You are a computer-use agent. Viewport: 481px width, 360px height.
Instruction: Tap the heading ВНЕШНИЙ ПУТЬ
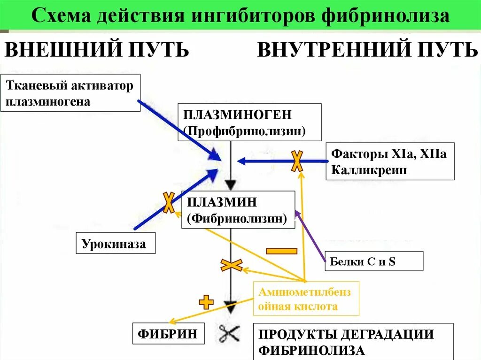(x=97, y=50)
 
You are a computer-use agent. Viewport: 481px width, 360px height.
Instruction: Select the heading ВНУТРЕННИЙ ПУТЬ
(x=367, y=50)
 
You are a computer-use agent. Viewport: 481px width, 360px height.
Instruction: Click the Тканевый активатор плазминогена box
(x=70, y=92)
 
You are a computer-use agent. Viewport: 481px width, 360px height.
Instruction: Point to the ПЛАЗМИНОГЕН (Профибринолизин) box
(x=250, y=122)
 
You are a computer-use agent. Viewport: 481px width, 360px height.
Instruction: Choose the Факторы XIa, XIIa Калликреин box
(x=390, y=161)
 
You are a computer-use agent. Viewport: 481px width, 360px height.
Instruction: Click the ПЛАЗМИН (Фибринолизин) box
(x=239, y=210)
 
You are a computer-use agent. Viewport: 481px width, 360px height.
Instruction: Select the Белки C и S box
(x=374, y=261)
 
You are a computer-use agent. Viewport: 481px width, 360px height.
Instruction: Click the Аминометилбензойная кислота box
(x=306, y=299)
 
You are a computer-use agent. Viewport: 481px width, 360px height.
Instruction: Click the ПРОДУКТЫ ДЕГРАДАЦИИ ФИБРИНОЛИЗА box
(x=353, y=341)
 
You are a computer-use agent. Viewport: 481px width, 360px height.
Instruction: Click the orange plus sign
(x=206, y=302)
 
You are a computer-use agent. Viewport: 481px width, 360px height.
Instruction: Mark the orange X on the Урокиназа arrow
(x=168, y=202)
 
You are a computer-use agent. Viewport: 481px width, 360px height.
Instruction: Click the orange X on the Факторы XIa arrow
(x=297, y=161)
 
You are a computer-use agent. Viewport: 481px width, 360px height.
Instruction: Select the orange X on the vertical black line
(x=231, y=265)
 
